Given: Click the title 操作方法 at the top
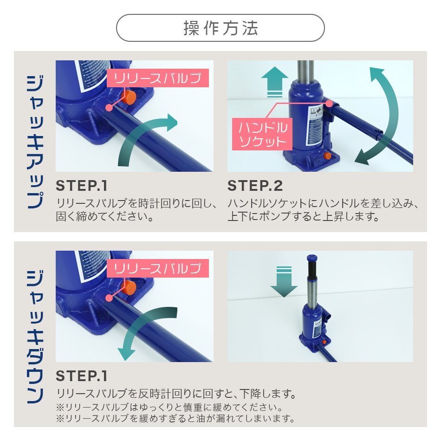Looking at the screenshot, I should (x=220, y=28).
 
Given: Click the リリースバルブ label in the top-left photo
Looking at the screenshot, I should (x=158, y=78).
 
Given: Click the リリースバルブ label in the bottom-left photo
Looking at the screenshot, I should (x=158, y=268).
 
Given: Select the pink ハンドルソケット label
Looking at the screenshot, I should (x=262, y=134).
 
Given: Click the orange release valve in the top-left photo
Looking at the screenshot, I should (x=129, y=97).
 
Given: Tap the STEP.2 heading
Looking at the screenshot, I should (x=255, y=186).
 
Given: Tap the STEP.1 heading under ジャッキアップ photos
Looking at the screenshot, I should (x=82, y=186).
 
